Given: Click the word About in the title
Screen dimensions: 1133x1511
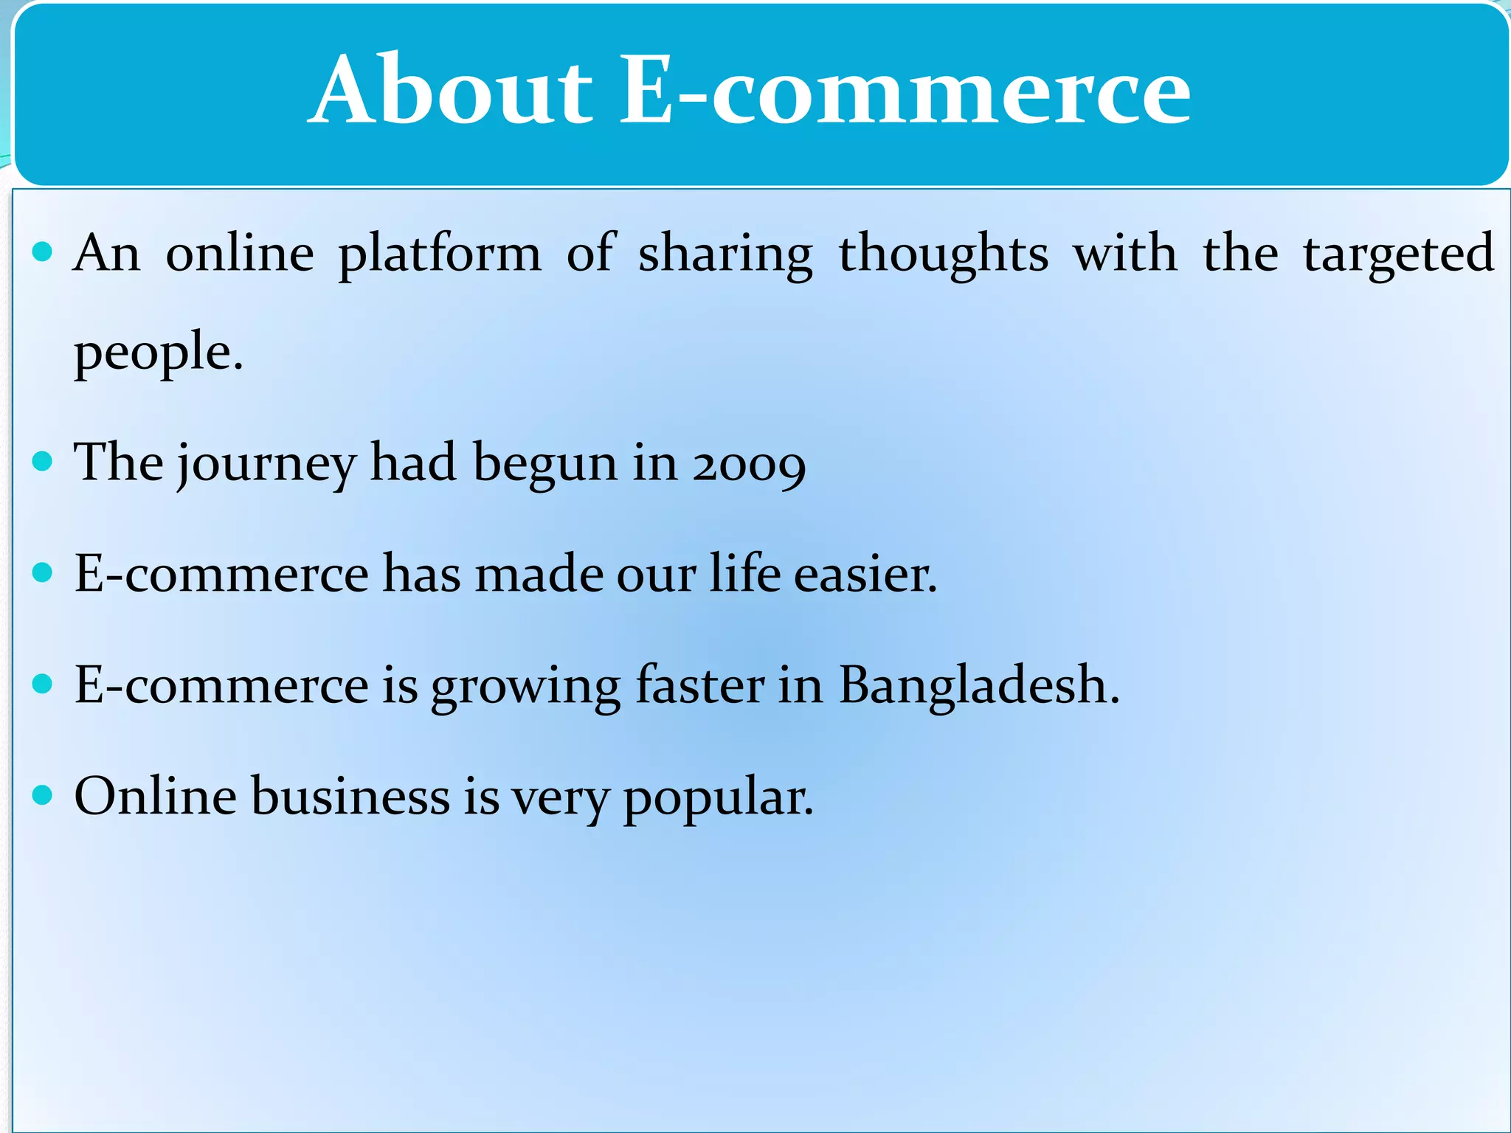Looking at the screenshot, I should point(451,91).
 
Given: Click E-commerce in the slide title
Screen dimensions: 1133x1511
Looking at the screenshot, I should point(905,91).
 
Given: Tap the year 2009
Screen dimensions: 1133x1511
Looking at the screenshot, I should point(749,464).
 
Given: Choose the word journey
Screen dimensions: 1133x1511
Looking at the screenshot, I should point(266,464).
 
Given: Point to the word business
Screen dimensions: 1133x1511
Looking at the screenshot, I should point(350,797).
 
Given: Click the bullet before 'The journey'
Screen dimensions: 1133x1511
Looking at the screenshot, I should point(44,462).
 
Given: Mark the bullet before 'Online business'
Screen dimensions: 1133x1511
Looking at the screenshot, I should point(44,795).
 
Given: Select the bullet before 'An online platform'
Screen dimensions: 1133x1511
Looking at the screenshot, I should point(44,252).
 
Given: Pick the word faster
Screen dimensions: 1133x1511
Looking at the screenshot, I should point(699,685).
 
